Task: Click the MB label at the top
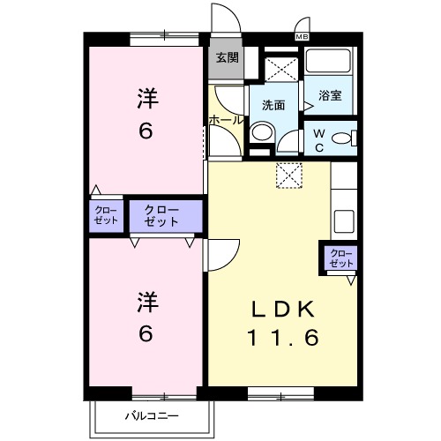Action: coord(302,36)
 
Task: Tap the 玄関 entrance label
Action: coord(227,58)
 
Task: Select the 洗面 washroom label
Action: coord(273,105)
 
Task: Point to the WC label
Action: coord(320,141)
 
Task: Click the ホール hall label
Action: coord(226,119)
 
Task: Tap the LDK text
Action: coord(282,310)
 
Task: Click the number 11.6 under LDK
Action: coord(282,338)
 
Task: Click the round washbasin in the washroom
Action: coord(262,132)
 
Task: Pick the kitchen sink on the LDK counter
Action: coord(344,220)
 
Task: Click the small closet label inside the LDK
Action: coord(340,258)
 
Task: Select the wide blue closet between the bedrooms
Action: coord(161,216)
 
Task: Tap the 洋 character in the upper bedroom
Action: coord(147,99)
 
